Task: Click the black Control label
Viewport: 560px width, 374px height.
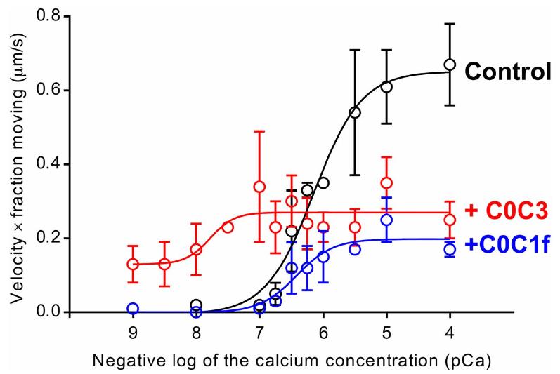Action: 508,72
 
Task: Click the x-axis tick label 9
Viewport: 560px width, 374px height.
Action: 133,331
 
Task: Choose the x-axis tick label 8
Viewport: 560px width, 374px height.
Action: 196,331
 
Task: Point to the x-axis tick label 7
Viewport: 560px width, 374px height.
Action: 259,331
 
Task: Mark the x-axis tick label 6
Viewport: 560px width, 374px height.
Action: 323,331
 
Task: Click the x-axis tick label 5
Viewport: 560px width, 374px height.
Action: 386,331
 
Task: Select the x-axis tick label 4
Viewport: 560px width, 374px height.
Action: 450,331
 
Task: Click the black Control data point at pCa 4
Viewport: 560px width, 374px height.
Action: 450,65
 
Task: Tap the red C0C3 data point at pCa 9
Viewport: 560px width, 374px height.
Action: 133,264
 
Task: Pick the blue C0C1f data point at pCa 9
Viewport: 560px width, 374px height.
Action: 133,309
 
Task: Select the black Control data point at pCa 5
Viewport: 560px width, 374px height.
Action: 386,87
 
